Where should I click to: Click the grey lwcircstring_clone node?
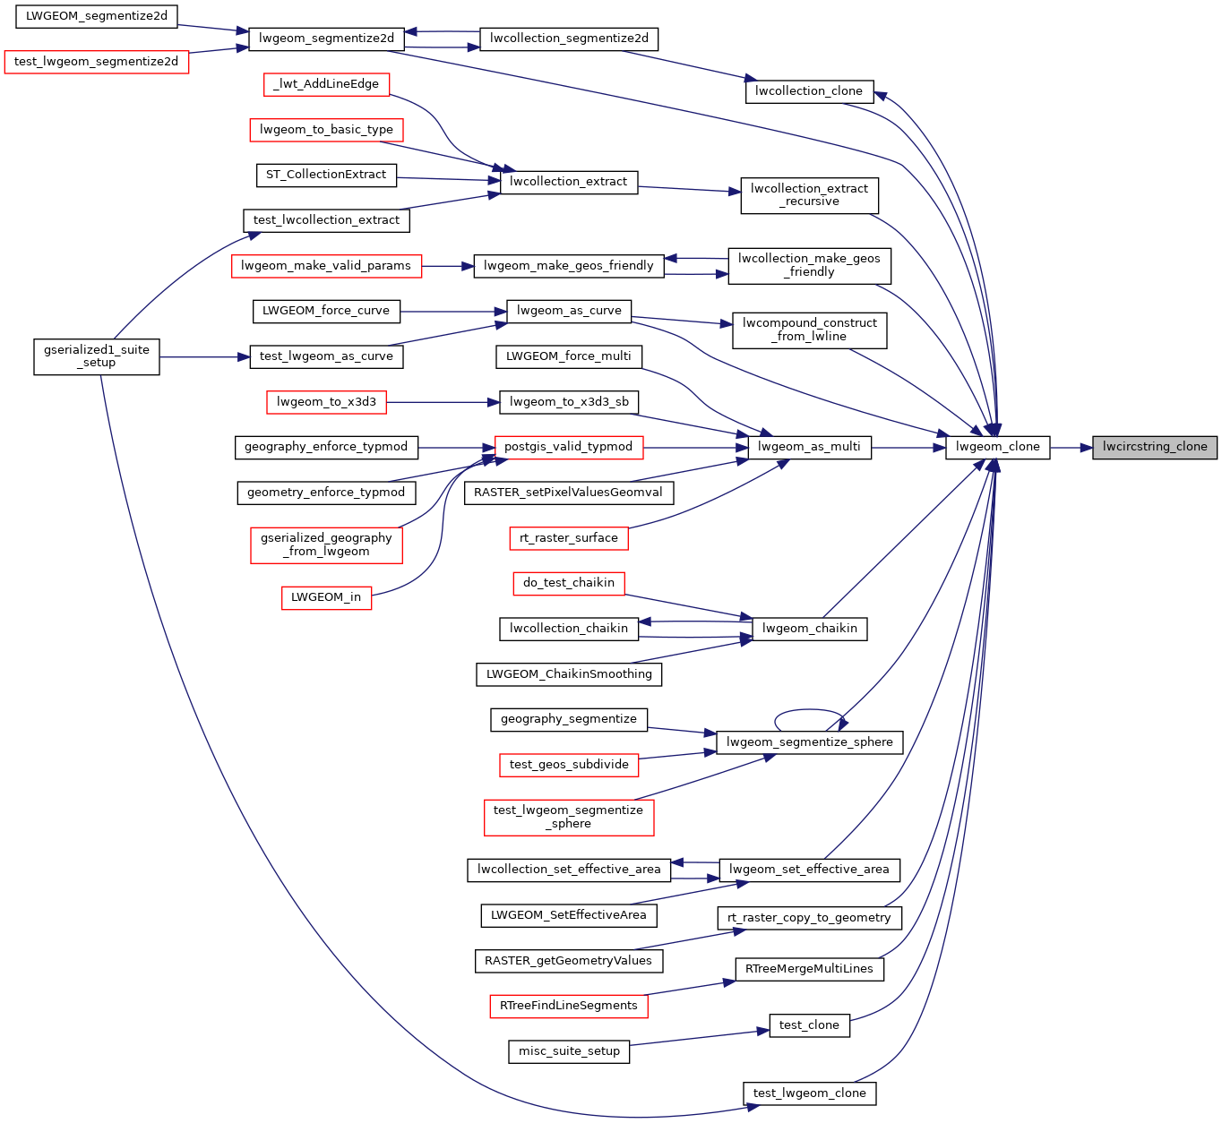click(x=1155, y=448)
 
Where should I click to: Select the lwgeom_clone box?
click(x=997, y=448)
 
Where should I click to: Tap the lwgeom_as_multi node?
click(x=809, y=448)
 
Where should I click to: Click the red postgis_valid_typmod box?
click(x=568, y=448)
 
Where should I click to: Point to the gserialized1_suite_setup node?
click(x=96, y=357)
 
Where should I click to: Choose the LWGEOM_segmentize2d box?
click(x=96, y=16)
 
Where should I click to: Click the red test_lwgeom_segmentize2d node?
click(x=96, y=62)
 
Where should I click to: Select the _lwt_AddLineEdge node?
click(x=326, y=85)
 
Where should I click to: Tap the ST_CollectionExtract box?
click(x=326, y=176)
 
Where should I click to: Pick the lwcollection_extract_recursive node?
click(x=809, y=195)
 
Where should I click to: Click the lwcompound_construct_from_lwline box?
click(x=809, y=330)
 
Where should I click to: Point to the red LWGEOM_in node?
click(x=326, y=598)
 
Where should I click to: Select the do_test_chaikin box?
click(x=568, y=583)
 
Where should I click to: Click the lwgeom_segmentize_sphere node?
click(x=809, y=742)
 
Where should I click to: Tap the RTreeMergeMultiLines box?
click(x=809, y=969)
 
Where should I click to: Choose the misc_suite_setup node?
click(x=568, y=1051)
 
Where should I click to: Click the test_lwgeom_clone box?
click(x=809, y=1093)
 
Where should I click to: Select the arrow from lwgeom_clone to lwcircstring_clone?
click(x=1071, y=448)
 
